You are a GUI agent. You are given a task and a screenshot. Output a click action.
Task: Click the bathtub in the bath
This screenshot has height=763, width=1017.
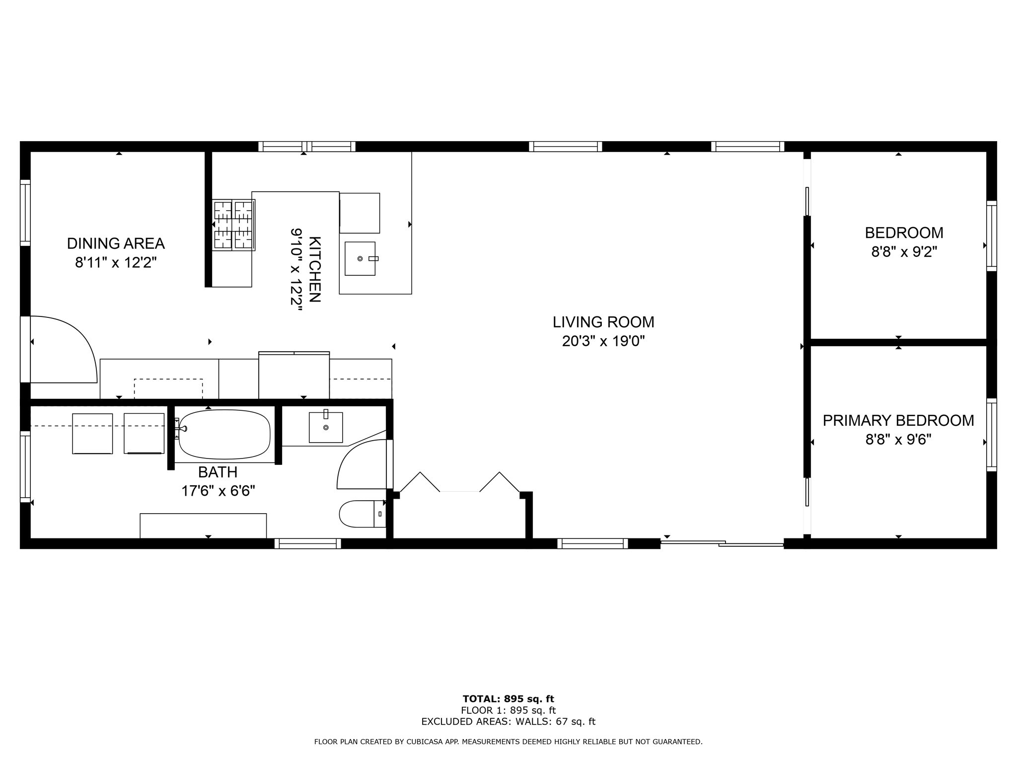(x=224, y=435)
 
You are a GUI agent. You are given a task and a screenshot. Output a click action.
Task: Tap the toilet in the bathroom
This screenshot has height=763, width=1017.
(x=362, y=514)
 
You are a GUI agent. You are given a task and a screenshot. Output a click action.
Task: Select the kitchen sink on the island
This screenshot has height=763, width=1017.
(x=360, y=258)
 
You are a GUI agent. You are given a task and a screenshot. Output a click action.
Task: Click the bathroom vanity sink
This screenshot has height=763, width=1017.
(x=326, y=427)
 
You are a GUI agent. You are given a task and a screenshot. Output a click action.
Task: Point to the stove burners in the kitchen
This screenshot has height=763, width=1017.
(x=233, y=225)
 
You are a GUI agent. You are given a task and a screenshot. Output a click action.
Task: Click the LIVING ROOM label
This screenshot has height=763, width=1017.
(x=603, y=322)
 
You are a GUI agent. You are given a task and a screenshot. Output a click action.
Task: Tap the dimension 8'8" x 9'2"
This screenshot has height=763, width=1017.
(x=904, y=252)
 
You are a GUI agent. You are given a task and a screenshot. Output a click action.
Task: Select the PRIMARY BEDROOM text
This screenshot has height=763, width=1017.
(x=898, y=421)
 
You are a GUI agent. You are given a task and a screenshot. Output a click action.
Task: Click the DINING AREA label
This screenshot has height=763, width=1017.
(x=116, y=244)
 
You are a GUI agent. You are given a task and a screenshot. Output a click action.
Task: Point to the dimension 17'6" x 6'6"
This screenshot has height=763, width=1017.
(x=218, y=491)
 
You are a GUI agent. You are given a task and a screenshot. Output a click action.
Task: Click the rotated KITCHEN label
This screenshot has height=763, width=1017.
(x=315, y=269)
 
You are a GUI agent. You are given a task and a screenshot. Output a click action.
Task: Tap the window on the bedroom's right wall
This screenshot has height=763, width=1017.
(x=991, y=236)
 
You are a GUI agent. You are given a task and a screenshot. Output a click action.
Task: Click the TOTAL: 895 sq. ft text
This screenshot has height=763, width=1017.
(x=508, y=699)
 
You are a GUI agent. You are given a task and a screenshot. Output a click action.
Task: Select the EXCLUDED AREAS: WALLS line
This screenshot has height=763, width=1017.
(x=508, y=722)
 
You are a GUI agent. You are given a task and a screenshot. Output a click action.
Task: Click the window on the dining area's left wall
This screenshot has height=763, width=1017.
(x=25, y=213)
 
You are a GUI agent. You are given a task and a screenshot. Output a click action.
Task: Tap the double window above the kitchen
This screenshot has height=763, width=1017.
(x=306, y=147)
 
